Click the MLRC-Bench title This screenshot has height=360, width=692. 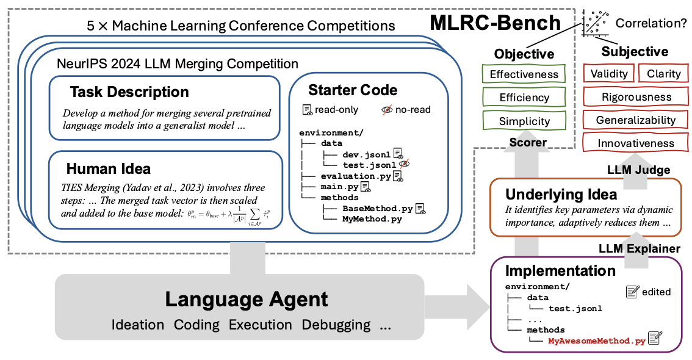click(x=496, y=23)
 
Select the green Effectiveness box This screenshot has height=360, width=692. click(x=524, y=74)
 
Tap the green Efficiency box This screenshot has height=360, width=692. click(x=524, y=98)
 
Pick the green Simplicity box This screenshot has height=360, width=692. click(x=524, y=121)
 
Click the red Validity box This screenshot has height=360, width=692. click(x=609, y=74)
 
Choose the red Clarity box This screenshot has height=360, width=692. click(x=663, y=74)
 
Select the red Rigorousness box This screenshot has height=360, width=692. click(x=636, y=97)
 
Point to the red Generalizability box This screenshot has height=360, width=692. click(x=636, y=120)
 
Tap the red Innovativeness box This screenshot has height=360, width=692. click(x=636, y=143)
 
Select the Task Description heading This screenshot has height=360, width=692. click(x=129, y=92)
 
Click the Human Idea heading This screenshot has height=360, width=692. click(x=108, y=168)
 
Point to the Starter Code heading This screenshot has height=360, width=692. click(x=353, y=90)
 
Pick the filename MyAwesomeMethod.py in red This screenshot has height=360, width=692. click(x=596, y=341)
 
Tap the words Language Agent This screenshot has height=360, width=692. click(x=247, y=300)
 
